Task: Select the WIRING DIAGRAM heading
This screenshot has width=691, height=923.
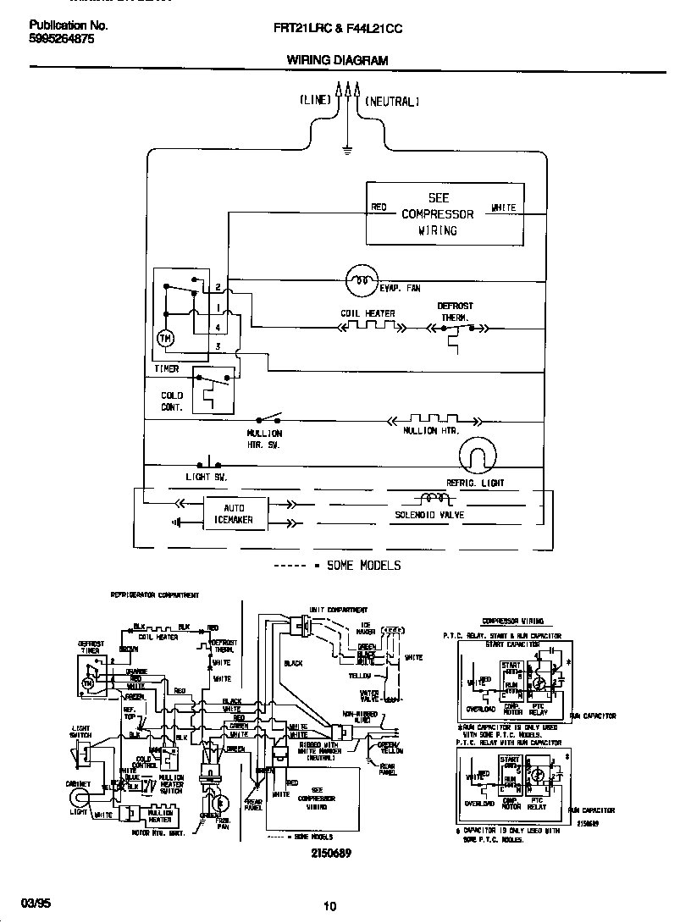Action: [337, 61]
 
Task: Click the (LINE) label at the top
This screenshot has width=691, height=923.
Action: [315, 100]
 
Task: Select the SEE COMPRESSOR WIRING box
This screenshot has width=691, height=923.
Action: [438, 213]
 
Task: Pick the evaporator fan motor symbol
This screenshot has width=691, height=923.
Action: [362, 279]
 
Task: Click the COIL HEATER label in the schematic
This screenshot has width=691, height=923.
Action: [368, 314]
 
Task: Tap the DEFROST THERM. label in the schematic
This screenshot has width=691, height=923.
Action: [455, 312]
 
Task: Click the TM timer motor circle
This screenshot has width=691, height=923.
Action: [164, 339]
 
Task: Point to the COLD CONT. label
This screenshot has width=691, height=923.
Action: [172, 401]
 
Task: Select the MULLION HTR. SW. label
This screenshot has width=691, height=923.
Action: [264, 439]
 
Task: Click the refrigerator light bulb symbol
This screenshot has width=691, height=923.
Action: [475, 458]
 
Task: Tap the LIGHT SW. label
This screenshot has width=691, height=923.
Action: [207, 478]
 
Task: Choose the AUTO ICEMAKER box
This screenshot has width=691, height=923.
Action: [234, 513]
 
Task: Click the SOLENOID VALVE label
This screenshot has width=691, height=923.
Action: [429, 515]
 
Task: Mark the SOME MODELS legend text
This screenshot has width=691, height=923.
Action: [364, 565]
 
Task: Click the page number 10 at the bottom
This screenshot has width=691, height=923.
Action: [329, 905]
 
